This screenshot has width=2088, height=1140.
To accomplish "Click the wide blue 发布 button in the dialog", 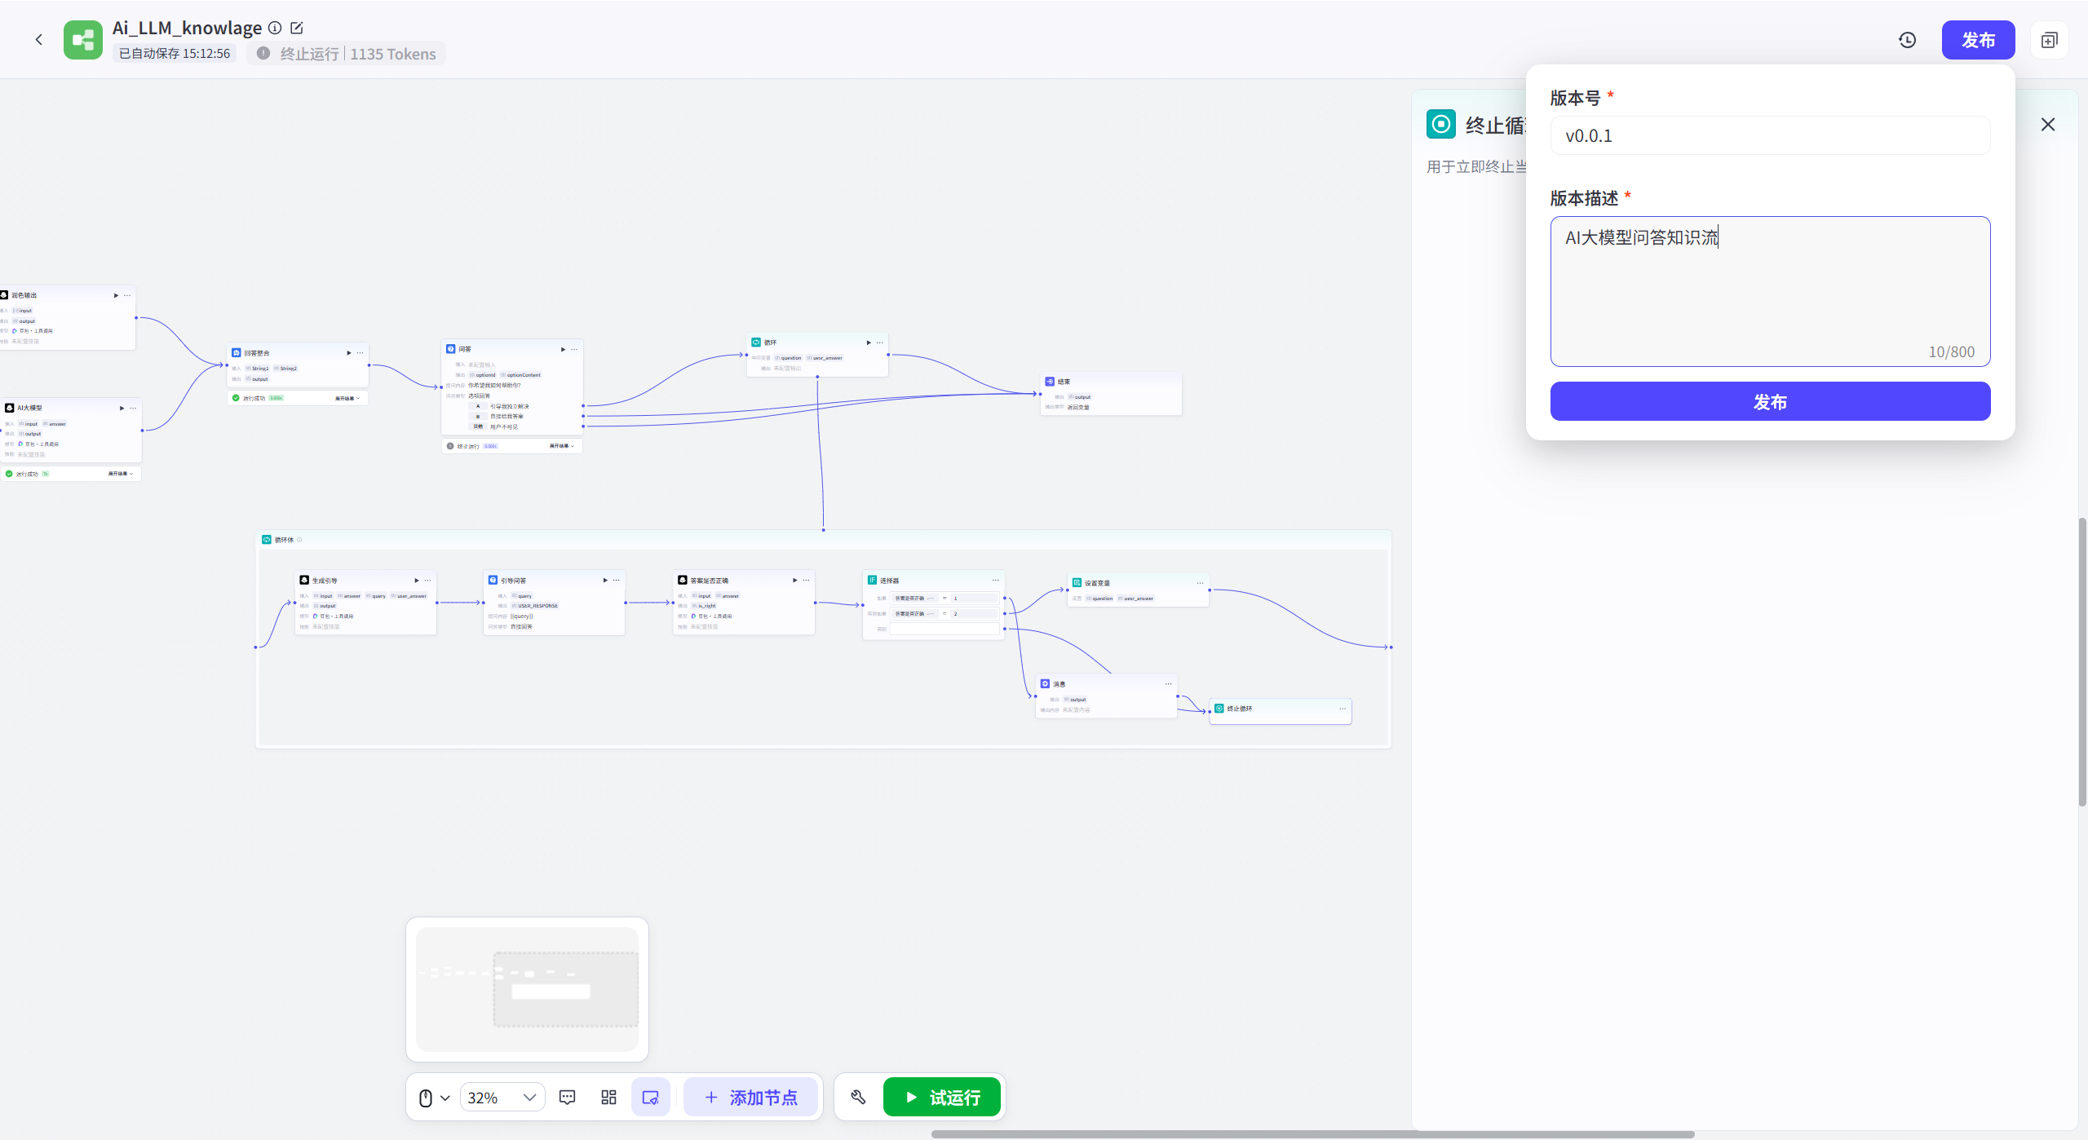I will pos(1769,401).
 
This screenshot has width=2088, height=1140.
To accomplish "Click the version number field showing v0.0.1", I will pos(1769,135).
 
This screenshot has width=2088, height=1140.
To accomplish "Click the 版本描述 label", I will pos(1583,198).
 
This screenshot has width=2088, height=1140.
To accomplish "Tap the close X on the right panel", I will pos(2047,124).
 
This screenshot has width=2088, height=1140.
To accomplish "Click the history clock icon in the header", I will pos(1907,40).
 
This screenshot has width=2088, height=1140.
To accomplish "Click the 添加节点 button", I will pos(750,1097).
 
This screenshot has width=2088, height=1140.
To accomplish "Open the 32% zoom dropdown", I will pos(502,1097).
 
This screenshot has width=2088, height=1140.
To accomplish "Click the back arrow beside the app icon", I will pos(38,40).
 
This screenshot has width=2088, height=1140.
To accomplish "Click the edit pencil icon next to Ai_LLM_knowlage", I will pos(297,28).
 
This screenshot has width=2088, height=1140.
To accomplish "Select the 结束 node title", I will pos(1064,382).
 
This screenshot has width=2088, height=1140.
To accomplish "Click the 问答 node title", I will pos(464,349).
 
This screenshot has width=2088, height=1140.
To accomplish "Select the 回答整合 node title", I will pos(256,353).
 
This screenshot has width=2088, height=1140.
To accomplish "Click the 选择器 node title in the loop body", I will pos(889,581).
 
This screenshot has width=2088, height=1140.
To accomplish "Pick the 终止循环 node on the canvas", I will pos(1239,709).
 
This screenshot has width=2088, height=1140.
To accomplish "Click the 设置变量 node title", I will pos(1097,583).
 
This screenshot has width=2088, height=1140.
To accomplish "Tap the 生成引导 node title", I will pos(324,581).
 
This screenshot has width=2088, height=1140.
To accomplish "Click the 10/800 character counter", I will pos(1951,351).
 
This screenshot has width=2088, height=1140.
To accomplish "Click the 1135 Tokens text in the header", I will pos(393,54).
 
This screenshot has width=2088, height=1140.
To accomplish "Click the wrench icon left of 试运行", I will pos(858,1097).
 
